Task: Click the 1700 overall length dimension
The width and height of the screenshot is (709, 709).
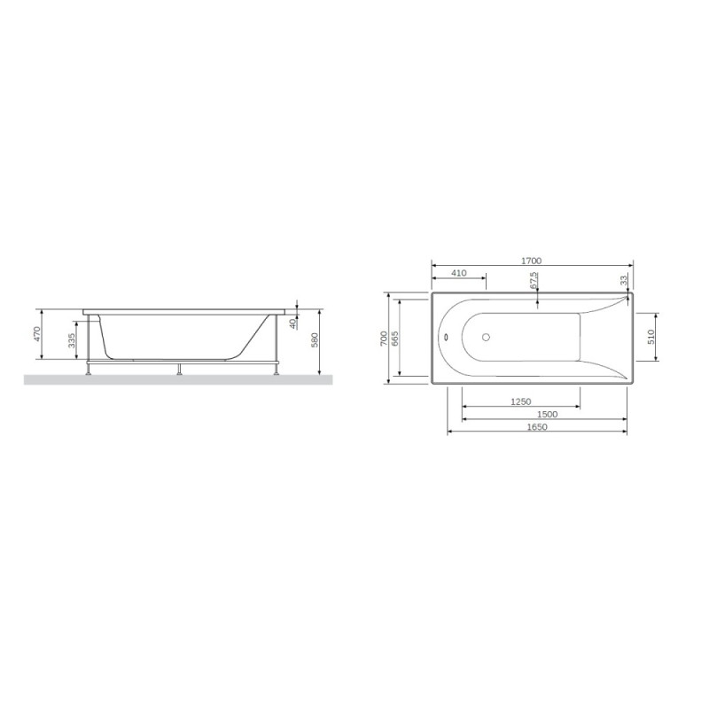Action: tap(531, 261)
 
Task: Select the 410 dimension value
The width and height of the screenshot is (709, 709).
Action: tap(459, 274)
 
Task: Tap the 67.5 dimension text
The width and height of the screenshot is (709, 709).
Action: tap(534, 281)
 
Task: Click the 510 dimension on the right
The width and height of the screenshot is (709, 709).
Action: tap(651, 337)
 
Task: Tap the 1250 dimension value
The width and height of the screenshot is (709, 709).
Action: tap(522, 401)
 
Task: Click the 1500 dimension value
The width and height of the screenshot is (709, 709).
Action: tap(547, 415)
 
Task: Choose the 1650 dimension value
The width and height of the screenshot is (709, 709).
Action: tap(538, 427)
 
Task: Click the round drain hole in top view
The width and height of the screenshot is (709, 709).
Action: tap(485, 337)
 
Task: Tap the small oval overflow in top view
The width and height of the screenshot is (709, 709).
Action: tap(447, 337)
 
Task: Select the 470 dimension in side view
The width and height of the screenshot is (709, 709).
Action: tap(37, 334)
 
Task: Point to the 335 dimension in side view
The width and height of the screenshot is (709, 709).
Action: tap(71, 340)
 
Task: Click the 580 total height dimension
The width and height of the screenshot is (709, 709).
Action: tap(315, 340)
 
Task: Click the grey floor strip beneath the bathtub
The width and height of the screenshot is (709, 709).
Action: tap(177, 379)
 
